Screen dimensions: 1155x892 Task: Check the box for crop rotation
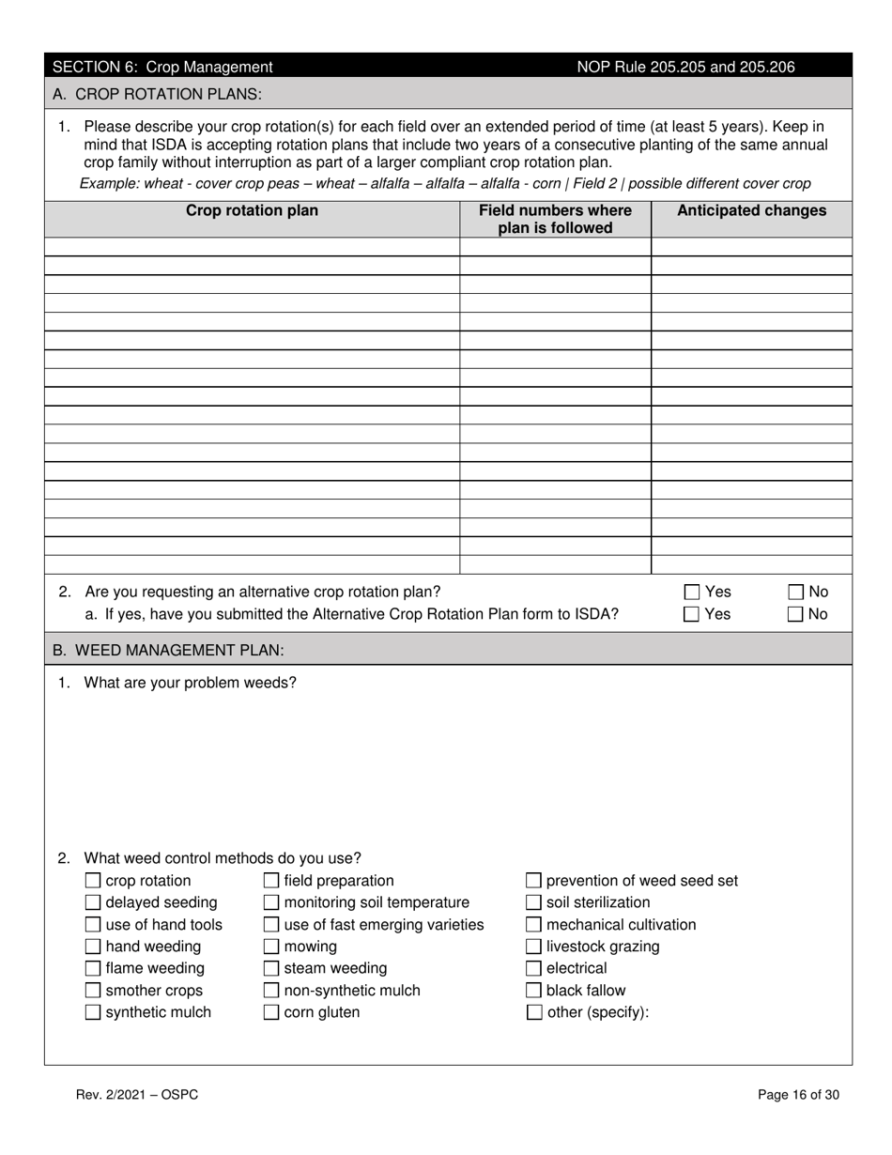point(93,881)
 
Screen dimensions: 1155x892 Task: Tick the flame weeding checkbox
point(93,968)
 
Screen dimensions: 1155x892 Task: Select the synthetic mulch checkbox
point(93,1012)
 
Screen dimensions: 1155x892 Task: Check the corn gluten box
point(271,1012)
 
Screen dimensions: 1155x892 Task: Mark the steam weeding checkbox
point(271,968)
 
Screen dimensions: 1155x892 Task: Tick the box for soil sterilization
point(533,902)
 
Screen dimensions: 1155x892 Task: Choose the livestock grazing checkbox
point(533,947)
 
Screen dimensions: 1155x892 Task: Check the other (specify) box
point(533,1012)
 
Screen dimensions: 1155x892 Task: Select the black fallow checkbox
point(533,991)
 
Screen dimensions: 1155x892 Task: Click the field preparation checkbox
point(271,881)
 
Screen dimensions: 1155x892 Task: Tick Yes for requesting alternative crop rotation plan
point(692,593)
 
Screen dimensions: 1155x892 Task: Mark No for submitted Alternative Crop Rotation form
point(795,614)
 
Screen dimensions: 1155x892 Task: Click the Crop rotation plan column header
point(252,211)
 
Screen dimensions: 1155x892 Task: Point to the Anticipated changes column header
point(751,211)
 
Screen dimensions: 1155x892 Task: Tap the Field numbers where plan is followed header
point(555,219)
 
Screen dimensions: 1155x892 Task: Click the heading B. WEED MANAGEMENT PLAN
point(168,650)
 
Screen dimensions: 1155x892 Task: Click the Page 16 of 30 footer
point(798,1094)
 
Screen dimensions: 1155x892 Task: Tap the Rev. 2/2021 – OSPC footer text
point(137,1094)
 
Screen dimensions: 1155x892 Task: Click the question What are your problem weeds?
point(190,683)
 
